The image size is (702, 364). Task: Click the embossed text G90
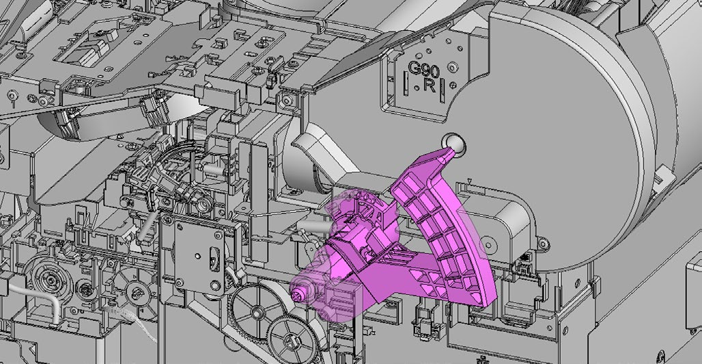pyautogui.click(x=423, y=70)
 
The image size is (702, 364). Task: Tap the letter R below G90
pyautogui.click(x=429, y=86)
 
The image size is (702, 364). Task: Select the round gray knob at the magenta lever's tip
pyautogui.click(x=453, y=143)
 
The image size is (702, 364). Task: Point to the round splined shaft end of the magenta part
pyautogui.click(x=298, y=295)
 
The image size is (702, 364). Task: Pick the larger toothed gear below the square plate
pyautogui.click(x=255, y=310)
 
